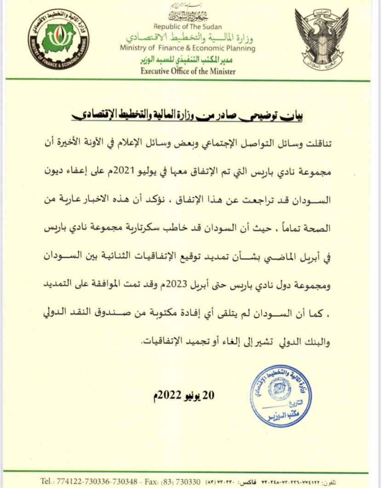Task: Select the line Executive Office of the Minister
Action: (188, 71)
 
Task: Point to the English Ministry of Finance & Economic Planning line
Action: (187, 48)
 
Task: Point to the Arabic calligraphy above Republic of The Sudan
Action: (187, 17)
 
